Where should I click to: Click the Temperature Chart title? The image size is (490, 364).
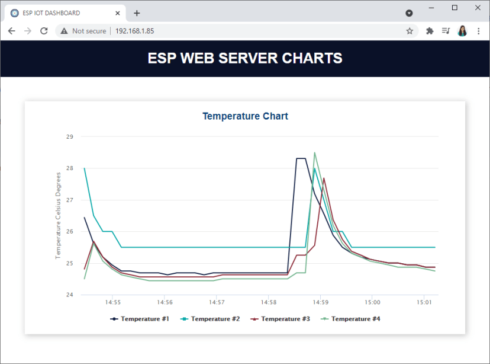pos(245,116)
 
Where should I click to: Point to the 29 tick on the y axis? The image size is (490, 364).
pos(70,137)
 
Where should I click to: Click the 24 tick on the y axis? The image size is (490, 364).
pos(70,295)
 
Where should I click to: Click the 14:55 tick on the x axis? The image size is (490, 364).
pos(113,302)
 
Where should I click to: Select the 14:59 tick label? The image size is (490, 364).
pos(320,302)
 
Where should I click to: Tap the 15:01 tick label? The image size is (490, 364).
pos(424,302)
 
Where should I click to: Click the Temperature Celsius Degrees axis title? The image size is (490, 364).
pos(59,215)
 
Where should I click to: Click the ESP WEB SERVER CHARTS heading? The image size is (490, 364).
pos(245,58)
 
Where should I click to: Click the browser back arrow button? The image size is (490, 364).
pos(11,31)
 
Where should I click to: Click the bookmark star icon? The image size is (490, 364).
pos(410,31)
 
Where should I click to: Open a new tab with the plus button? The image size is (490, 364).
pos(137,13)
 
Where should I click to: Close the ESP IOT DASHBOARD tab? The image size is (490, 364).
pos(118,13)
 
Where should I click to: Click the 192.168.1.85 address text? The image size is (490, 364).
pos(134,31)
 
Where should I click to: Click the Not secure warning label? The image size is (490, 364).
pos(89,31)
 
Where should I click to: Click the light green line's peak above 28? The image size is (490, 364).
pos(314,153)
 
